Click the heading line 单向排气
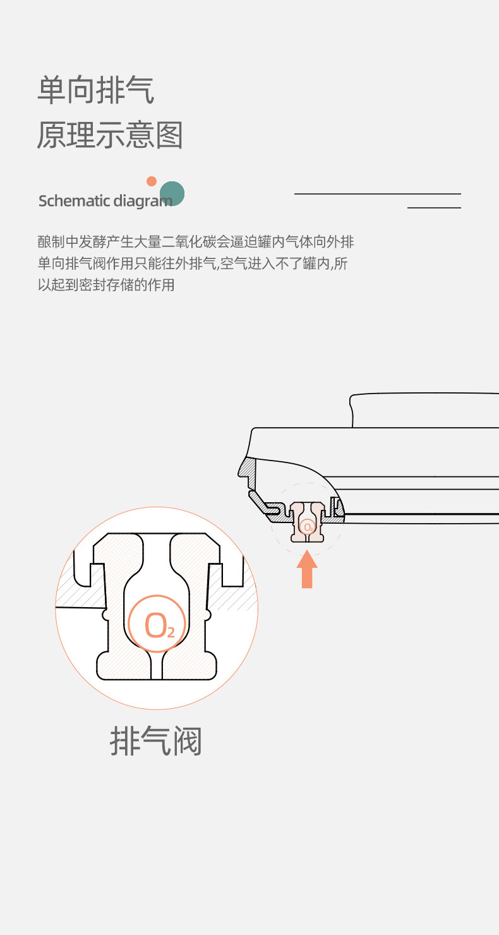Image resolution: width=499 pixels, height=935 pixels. [95, 90]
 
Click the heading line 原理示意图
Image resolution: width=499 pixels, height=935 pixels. [110, 135]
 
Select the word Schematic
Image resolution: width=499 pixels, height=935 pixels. [74, 201]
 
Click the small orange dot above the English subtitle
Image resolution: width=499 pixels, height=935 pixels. [152, 181]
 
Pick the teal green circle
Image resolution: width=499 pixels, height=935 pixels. [172, 193]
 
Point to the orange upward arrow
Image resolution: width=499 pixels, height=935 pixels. [307, 569]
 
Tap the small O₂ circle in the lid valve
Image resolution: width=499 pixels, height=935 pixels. [308, 526]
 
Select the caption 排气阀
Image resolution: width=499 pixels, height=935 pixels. [156, 740]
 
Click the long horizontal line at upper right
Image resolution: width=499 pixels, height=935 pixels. [378, 194]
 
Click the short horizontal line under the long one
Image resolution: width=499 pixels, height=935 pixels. [434, 207]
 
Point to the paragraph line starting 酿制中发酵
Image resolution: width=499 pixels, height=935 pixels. [196, 242]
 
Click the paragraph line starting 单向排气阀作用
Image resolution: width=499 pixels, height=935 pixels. [193, 263]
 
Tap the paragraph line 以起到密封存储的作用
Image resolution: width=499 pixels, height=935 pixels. [106, 285]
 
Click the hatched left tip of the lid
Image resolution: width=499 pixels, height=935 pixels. [246, 468]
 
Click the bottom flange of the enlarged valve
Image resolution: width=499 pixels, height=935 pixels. [156, 666]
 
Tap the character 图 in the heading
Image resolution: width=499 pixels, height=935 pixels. [169, 135]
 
